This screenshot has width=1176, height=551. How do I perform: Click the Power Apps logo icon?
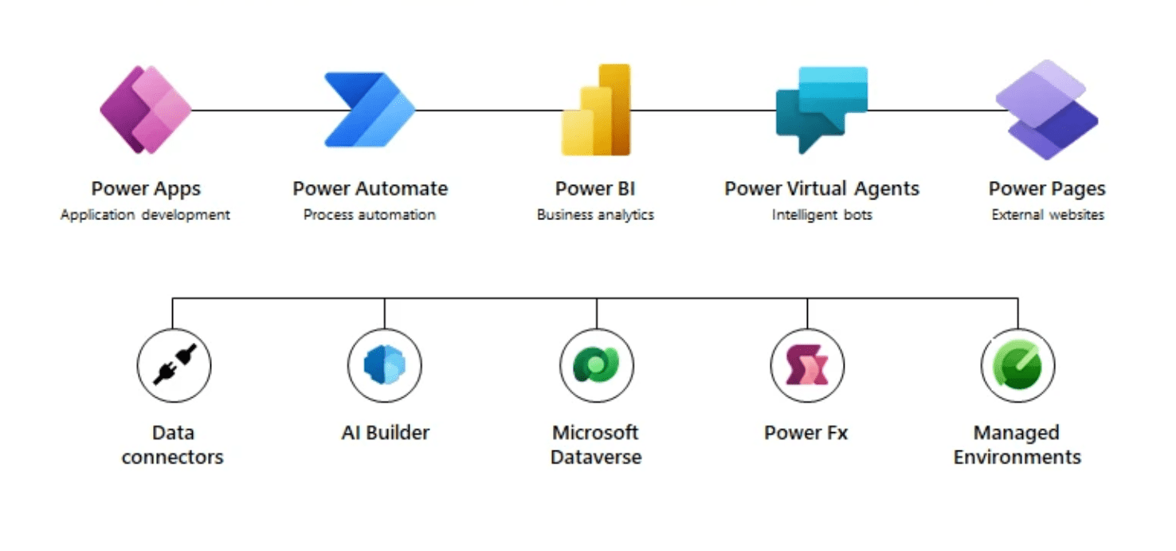(x=146, y=110)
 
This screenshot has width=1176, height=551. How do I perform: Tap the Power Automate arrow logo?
(x=369, y=110)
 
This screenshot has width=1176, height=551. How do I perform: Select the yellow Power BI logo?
(x=596, y=110)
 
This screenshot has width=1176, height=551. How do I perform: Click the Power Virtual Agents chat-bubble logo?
(x=821, y=108)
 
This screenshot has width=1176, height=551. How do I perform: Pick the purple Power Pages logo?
(x=1046, y=110)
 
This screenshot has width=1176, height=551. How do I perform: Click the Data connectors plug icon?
(x=173, y=367)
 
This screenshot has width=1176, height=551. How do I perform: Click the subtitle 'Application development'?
(x=145, y=214)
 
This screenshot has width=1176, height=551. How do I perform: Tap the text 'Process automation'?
(x=370, y=214)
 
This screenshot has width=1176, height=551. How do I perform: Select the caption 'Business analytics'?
(x=595, y=214)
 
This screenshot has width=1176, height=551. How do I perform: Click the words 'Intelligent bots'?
(x=821, y=214)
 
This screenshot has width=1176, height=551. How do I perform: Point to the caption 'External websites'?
(x=1048, y=214)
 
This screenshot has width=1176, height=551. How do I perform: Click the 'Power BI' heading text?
(x=595, y=189)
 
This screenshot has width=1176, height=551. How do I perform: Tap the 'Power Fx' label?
(x=806, y=433)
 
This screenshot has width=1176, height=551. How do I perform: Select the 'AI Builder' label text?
(x=385, y=433)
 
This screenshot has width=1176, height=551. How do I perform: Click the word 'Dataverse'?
(x=596, y=458)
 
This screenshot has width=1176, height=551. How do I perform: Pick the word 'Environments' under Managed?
(x=1017, y=458)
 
